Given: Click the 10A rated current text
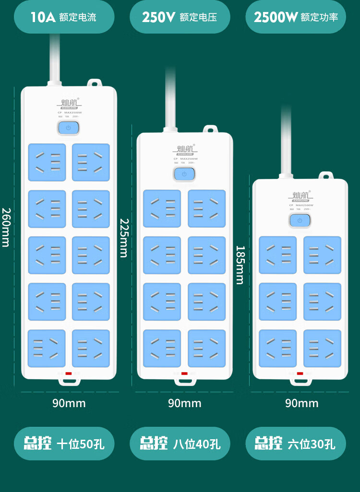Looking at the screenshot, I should pos(63,17).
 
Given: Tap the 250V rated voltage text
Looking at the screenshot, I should pos(180,17).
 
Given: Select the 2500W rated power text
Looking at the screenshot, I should pos(296,17).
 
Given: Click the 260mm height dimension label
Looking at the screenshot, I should pos(5,227).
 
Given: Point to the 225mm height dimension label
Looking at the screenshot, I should pos(123,238).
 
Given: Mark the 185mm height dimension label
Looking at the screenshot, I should pos(240,265).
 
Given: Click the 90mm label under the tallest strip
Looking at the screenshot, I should pos(69,403).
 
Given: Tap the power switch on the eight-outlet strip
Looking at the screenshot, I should pos(184,174).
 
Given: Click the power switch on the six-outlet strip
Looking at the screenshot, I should pos(300,221).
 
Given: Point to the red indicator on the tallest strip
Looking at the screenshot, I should pos(69,373).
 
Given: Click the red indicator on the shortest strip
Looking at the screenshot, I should pos(300,374).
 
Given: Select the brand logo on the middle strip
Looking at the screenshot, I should pos(184,150).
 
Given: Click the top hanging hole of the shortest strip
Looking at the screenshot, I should pos(326,176).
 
